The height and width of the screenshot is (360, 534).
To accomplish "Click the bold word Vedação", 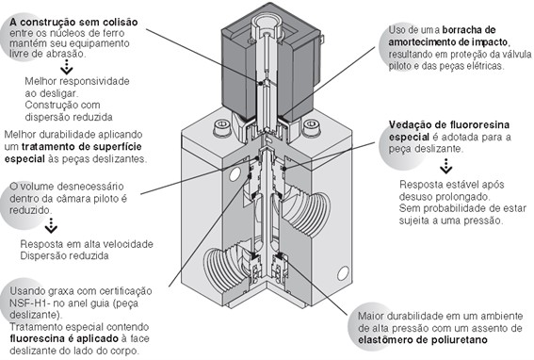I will point(414,124).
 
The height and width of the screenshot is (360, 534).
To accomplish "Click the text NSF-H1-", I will point(31,299).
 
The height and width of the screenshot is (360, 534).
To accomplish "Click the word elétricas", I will point(499,67).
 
